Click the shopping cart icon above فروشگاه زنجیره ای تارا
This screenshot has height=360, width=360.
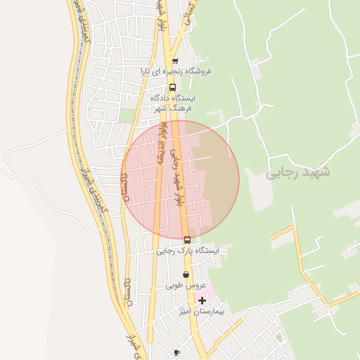click(175, 60)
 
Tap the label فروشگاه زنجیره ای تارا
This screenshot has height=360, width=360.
click(175, 71)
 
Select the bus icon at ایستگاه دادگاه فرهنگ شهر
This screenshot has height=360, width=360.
click(173, 88)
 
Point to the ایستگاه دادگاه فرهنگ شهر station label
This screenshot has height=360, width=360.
click(174, 103)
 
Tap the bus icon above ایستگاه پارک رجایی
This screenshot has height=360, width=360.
click(186, 240)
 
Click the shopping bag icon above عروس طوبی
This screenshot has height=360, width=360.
click(186, 275)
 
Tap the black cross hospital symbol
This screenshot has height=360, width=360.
click(202, 300)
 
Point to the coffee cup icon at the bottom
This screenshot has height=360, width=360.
click(176, 352)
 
